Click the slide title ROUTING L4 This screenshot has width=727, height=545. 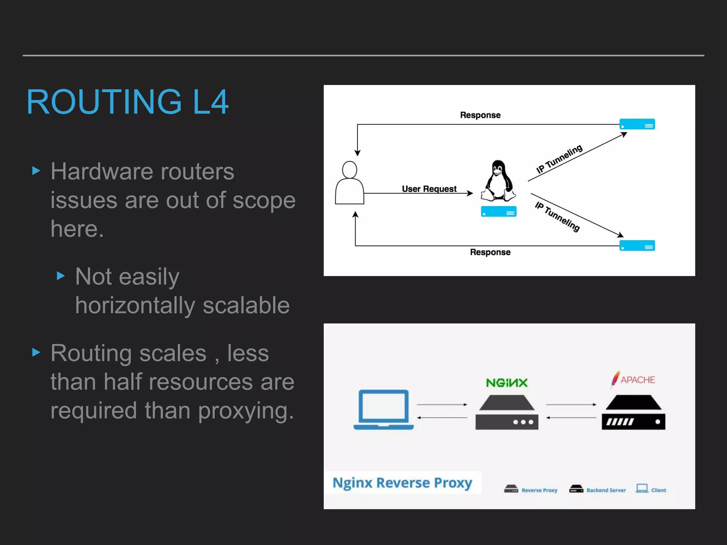127,102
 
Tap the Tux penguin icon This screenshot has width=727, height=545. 498,181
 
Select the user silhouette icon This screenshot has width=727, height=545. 349,183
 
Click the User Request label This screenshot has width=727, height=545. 429,189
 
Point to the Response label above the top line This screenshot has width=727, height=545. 480,115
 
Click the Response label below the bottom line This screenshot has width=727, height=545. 490,252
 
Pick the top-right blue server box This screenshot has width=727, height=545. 637,124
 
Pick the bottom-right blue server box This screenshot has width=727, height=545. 637,246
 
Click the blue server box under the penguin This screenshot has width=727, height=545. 498,211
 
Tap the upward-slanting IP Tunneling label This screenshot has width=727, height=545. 559,159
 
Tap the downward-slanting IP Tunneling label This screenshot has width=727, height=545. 557,216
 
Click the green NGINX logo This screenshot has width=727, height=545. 507,383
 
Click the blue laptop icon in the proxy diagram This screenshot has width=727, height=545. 383,410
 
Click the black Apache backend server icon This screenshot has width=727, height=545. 633,413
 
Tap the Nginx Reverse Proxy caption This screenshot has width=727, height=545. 402,483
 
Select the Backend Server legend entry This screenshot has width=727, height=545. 598,490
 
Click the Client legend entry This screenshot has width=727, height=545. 651,490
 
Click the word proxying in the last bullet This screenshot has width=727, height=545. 246,411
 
